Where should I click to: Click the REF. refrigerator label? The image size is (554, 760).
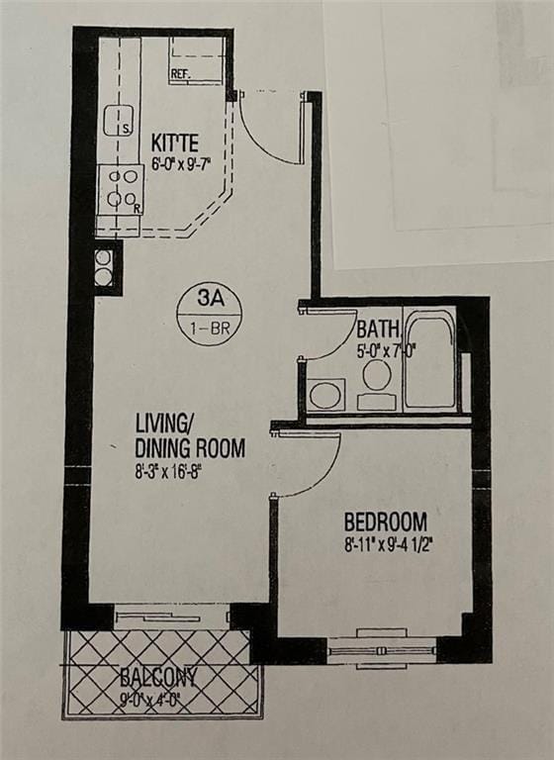point(181,73)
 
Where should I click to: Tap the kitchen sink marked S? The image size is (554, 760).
point(119,120)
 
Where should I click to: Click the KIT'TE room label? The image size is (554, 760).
point(175,142)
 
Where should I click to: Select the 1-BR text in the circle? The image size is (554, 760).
point(209,328)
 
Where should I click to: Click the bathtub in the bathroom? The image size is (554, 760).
point(430,361)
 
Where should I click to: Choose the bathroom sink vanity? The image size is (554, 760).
point(326,395)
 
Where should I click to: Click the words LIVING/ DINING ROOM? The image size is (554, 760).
point(189,435)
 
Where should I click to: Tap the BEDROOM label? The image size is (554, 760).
point(385,522)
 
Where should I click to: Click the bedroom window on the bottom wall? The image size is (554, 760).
point(381,649)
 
